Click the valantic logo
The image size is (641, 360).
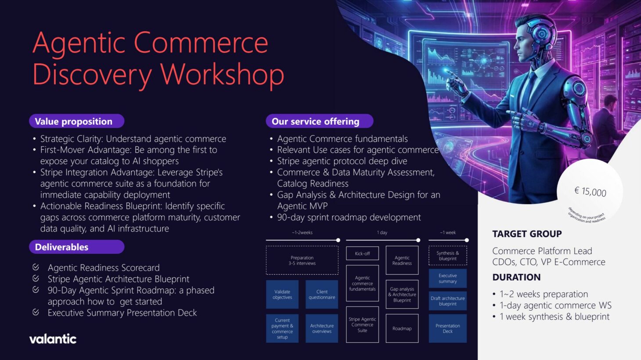pyautogui.click(x=53, y=338)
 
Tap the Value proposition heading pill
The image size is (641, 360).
pyautogui.click(x=76, y=121)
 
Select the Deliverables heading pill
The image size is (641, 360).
pyautogui.click(x=76, y=247)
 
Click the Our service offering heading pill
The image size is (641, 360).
pyautogui.click(x=319, y=121)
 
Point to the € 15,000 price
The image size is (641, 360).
pyautogui.click(x=590, y=191)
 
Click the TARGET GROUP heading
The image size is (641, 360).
pyautogui.click(x=527, y=234)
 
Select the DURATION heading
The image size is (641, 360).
pyautogui.click(x=516, y=277)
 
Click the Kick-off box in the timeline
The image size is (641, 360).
pyautogui.click(x=362, y=253)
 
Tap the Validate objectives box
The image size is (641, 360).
pyautogui.click(x=282, y=294)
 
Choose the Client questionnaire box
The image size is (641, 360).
pyautogui.click(x=322, y=294)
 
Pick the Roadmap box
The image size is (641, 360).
pyautogui.click(x=402, y=328)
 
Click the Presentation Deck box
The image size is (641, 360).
pyautogui.click(x=447, y=328)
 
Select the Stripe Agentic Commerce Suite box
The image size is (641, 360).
pyautogui.click(x=362, y=324)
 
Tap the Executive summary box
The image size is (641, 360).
pyautogui.click(x=447, y=278)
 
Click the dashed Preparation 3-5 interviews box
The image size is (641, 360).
pyautogui.click(x=302, y=260)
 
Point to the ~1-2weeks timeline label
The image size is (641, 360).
pyautogui.click(x=302, y=232)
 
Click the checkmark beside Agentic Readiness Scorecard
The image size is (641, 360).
pyautogui.click(x=36, y=267)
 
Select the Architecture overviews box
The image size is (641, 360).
pyautogui.click(x=322, y=328)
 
